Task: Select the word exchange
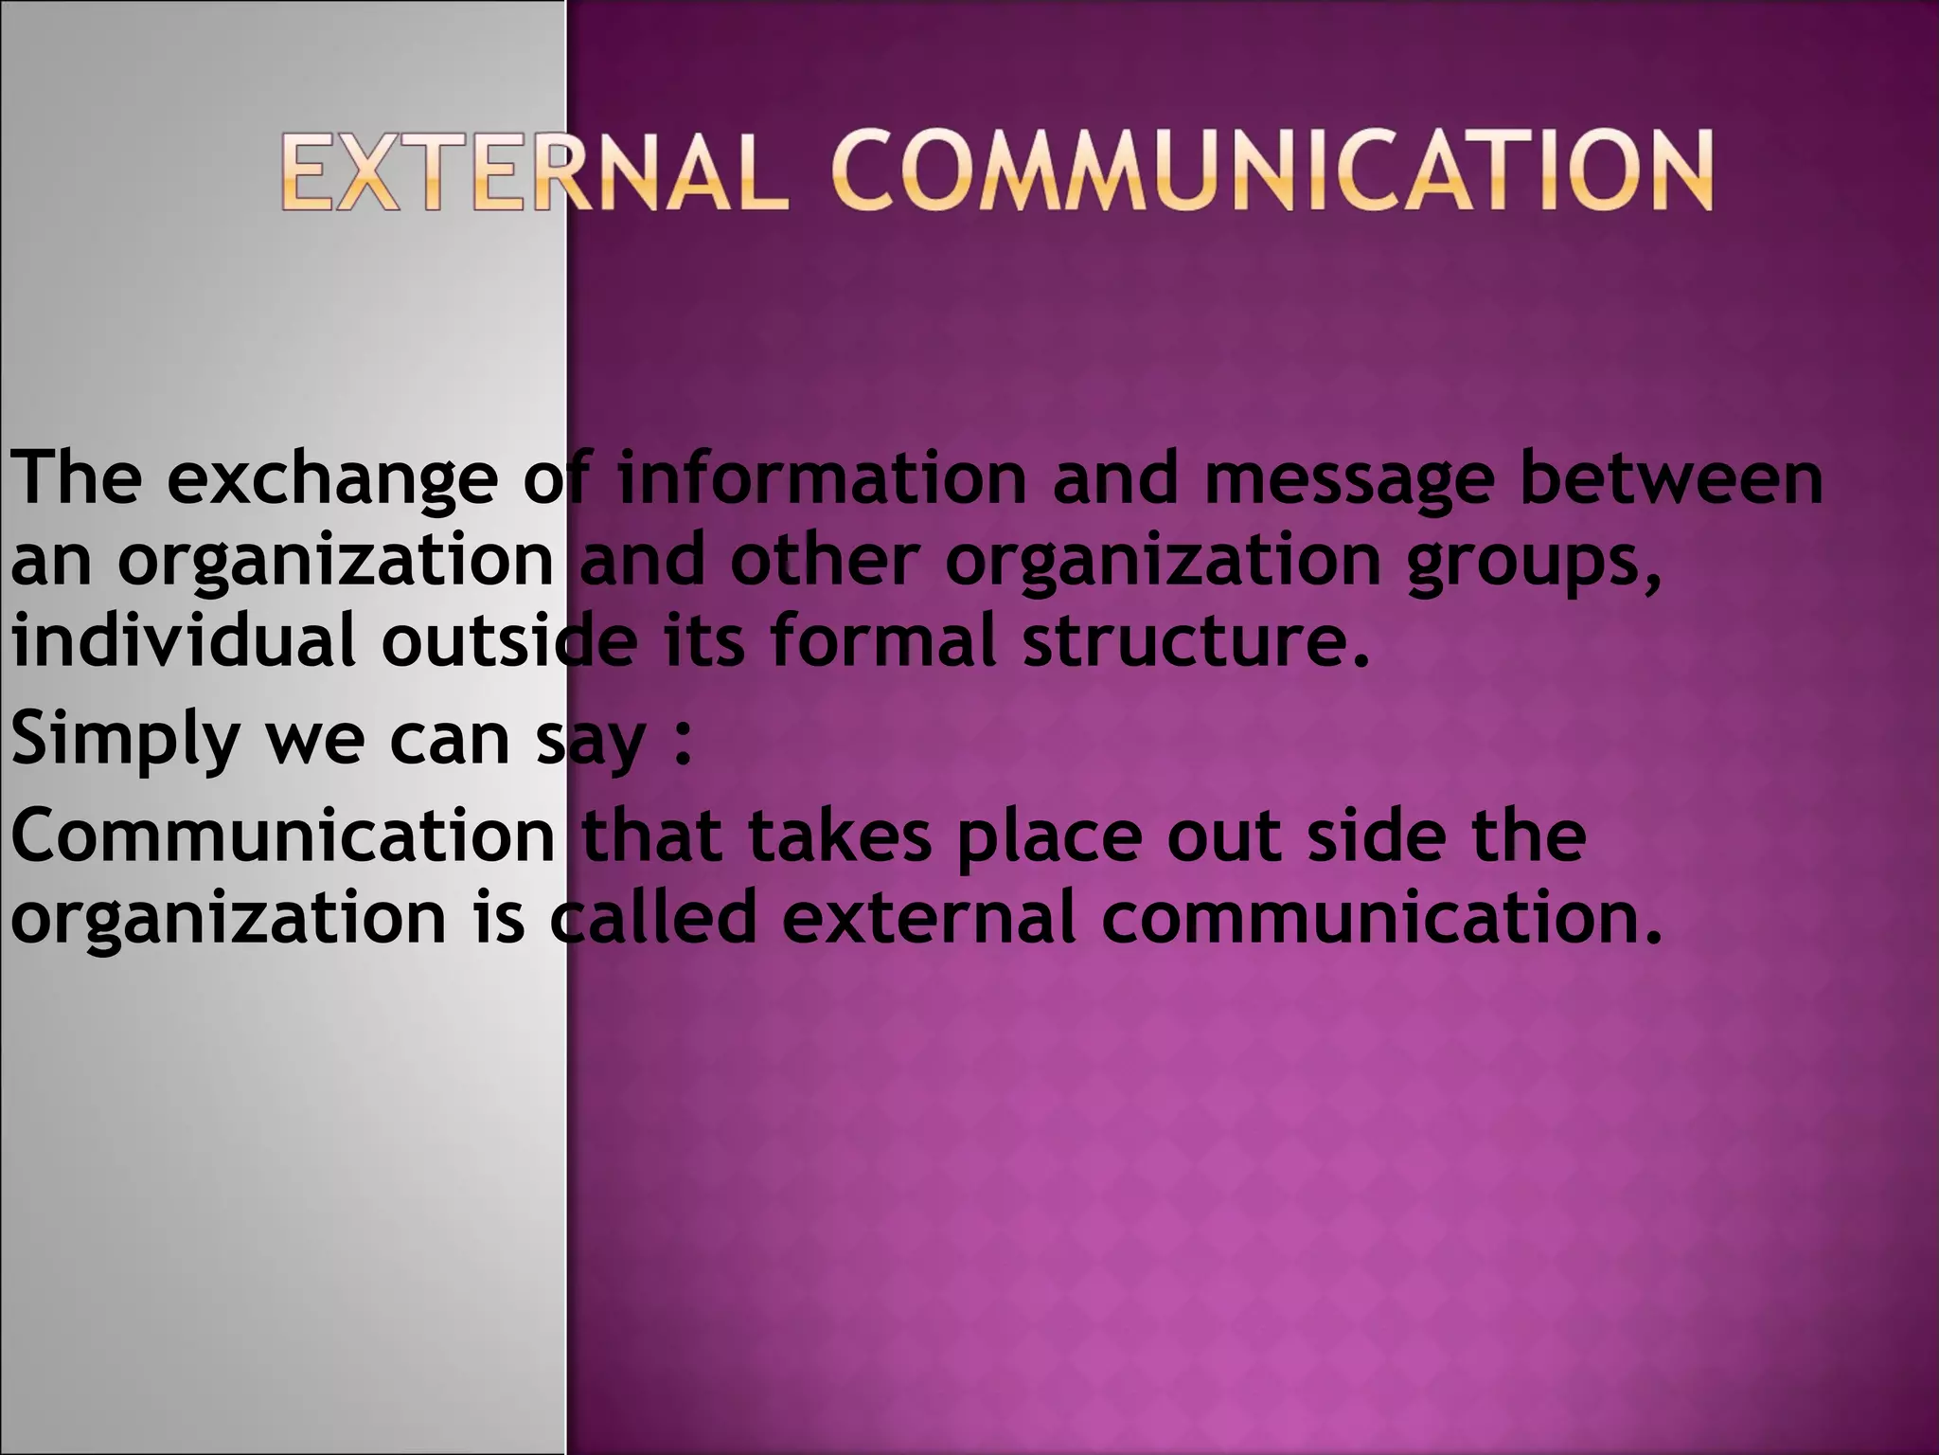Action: click(333, 479)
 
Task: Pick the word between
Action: click(1671, 479)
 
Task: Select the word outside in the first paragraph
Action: click(508, 641)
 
